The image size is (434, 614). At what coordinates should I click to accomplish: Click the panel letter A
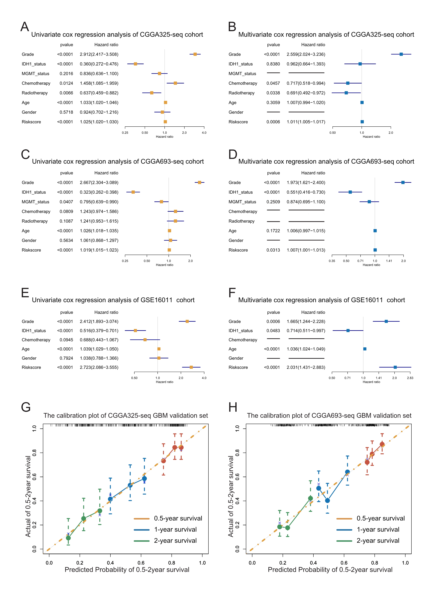[25, 27]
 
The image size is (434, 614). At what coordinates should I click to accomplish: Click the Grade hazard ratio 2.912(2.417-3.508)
[99, 54]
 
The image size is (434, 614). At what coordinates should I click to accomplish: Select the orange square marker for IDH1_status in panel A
[135, 64]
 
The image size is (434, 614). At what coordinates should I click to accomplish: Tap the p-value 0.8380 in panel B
[273, 64]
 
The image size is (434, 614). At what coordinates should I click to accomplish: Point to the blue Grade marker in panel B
[401, 54]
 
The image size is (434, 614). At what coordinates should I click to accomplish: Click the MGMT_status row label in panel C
[36, 202]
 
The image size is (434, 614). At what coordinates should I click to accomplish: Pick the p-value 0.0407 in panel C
[66, 202]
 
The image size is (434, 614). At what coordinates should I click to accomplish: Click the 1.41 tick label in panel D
[389, 261]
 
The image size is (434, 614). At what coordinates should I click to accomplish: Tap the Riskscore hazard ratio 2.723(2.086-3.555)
[99, 367]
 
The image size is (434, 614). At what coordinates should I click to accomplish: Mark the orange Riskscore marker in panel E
[191, 367]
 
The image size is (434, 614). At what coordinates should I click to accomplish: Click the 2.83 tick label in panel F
[410, 378]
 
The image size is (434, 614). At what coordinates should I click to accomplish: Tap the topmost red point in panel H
[382, 444]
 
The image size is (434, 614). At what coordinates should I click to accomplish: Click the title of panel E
[113, 300]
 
